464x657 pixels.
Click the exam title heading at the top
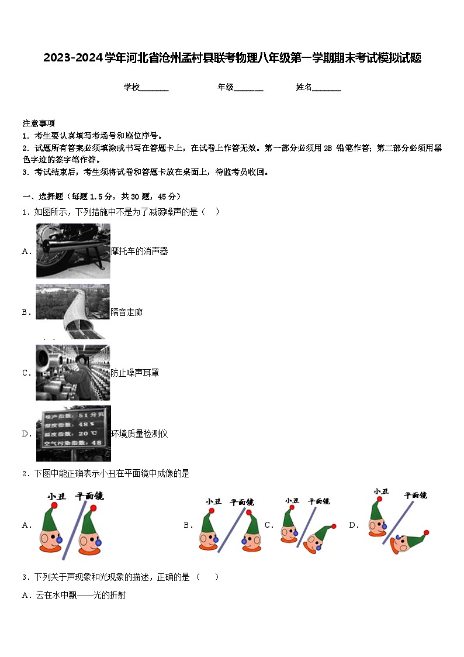pos(232,58)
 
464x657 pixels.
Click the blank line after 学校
pos(154,88)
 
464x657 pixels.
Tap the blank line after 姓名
pos(327,88)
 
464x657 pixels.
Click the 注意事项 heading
pos(39,123)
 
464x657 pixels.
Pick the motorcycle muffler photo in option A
pos(73,251)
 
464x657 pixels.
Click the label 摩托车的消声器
pos(140,251)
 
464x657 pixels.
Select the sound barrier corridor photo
pos(73,311)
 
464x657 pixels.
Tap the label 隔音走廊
pos(127,312)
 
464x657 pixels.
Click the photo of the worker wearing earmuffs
pos(73,373)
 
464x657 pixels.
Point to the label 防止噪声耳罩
pos(135,373)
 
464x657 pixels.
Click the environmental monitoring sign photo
pos(73,434)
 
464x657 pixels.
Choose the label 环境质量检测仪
pos(140,434)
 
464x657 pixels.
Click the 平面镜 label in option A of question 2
pos(89,496)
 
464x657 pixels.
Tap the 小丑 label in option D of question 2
pos(381,491)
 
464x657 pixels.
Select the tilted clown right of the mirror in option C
pos(318,538)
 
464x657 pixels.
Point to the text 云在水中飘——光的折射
pos(73,596)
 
